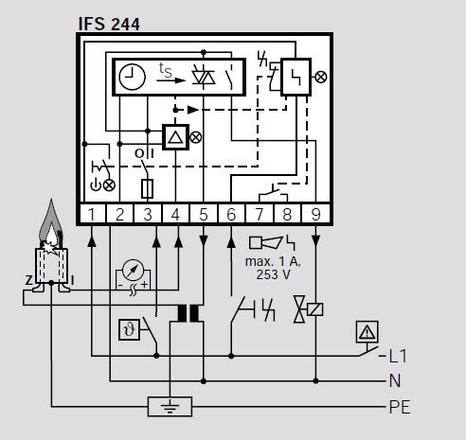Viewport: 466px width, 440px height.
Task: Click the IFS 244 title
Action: click(109, 24)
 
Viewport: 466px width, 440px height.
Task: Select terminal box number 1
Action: click(92, 215)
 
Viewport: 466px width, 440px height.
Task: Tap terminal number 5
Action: click(204, 215)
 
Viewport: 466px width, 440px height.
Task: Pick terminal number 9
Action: click(315, 215)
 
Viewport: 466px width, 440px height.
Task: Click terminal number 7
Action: click(260, 215)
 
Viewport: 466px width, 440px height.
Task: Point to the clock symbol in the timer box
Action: click(132, 77)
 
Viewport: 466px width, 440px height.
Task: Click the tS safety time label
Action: click(166, 70)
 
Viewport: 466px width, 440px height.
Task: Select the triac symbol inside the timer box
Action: click(204, 77)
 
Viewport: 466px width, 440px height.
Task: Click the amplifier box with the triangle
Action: click(175, 137)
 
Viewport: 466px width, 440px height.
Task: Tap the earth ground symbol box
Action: click(170, 407)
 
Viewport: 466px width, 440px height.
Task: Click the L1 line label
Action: click(398, 357)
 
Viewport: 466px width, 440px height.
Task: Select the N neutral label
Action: click(395, 381)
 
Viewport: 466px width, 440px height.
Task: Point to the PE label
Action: click(400, 407)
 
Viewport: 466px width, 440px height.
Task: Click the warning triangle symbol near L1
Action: click(367, 332)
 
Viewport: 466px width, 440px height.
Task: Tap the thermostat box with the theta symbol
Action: click(129, 330)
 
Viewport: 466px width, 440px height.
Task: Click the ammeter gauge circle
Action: click(133, 270)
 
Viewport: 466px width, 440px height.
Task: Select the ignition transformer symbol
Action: click(188, 313)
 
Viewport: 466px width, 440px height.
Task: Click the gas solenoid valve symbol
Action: click(308, 309)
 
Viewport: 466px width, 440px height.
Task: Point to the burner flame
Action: click(51, 224)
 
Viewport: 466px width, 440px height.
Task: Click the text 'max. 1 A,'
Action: click(274, 261)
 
